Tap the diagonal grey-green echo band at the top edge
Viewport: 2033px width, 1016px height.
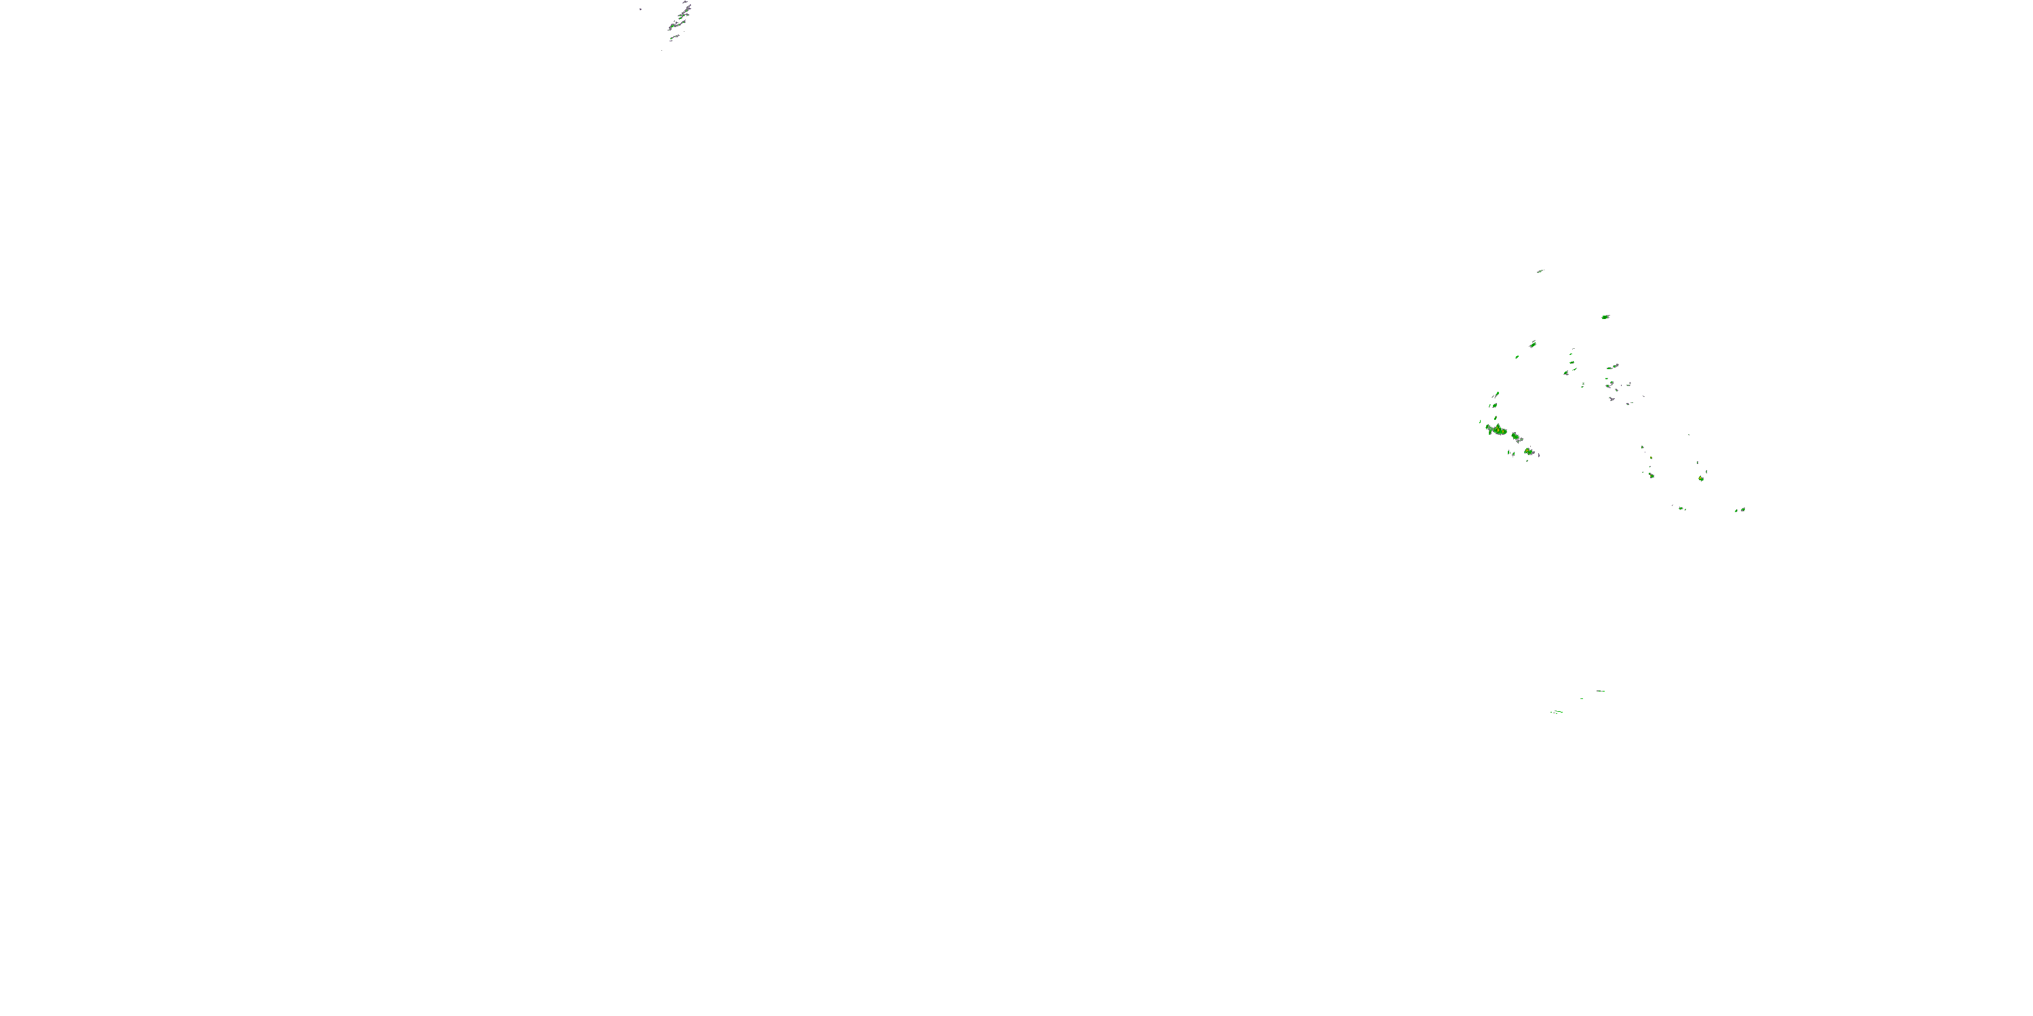coord(679,20)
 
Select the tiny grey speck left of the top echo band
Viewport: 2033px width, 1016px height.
coord(640,9)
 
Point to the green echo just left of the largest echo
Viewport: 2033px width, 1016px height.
coord(1487,428)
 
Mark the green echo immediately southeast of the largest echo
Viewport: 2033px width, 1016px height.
coord(1516,436)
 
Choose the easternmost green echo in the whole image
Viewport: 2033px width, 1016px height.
coord(1742,509)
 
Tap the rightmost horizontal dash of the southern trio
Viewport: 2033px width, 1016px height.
coord(1600,691)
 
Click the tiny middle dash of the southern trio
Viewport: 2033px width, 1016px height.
coord(1581,698)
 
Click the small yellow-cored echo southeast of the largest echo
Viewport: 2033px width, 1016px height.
coord(1529,451)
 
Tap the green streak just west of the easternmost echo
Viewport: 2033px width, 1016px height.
coord(1736,511)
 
